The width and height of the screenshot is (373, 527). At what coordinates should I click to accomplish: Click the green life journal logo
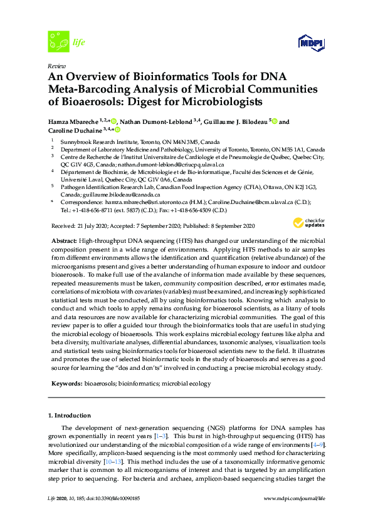tap(59, 42)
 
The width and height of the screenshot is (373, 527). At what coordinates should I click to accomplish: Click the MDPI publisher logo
tap(312, 42)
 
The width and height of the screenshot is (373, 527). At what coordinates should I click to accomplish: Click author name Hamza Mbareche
tap(75, 121)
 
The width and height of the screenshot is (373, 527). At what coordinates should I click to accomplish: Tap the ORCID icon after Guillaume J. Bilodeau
tap(274, 121)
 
